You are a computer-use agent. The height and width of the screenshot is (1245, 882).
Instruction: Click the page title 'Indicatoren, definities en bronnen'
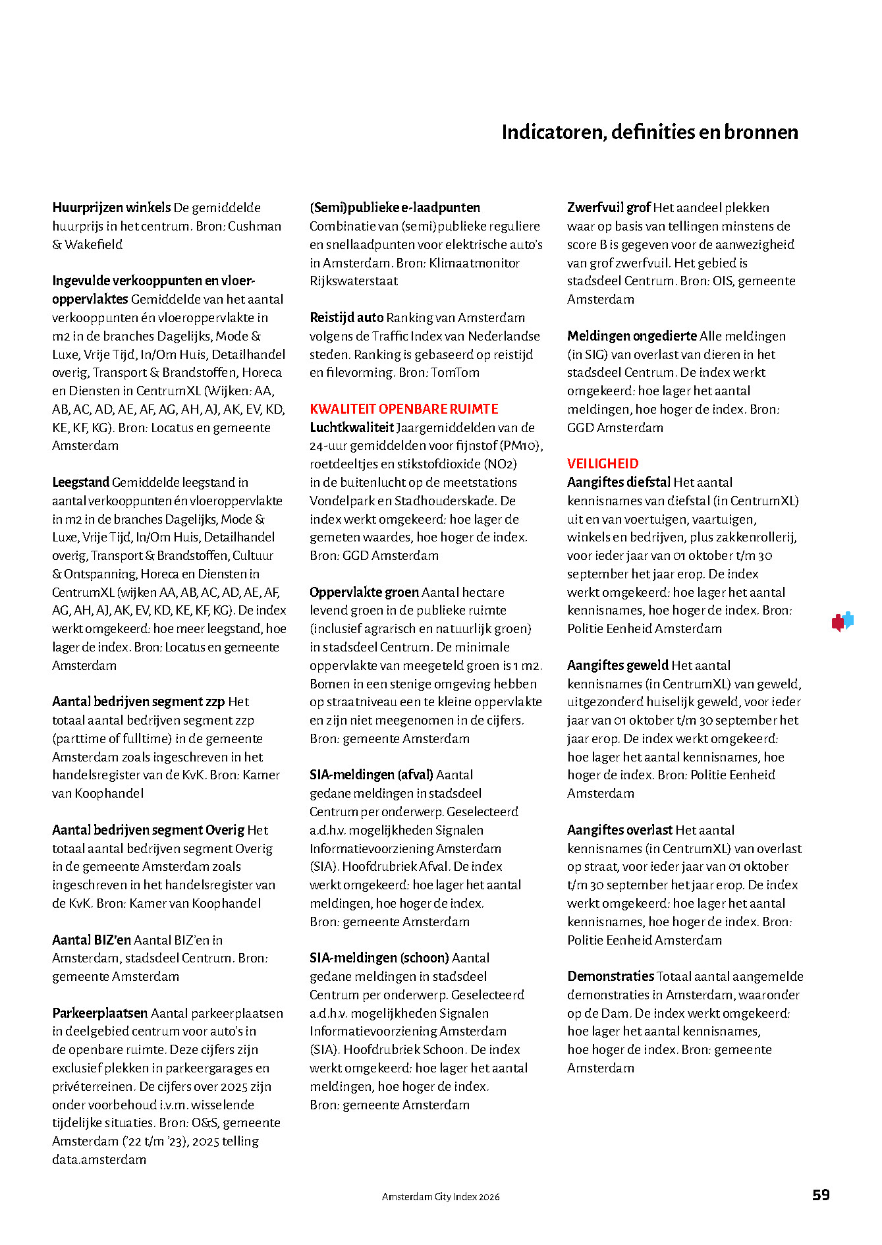[649, 132]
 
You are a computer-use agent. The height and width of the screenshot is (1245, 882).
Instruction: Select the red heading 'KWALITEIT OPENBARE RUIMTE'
[404, 409]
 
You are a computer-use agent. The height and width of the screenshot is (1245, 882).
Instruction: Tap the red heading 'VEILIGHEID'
[603, 464]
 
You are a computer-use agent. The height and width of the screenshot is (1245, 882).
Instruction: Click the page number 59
[821, 1195]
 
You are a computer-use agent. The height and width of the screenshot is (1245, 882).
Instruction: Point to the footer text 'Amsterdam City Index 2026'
[441, 1197]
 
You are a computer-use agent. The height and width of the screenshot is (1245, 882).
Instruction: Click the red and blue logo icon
[842, 621]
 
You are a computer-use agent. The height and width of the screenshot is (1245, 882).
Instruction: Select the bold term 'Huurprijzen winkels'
[111, 208]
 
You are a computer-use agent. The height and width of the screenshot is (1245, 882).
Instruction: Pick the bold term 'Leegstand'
[81, 482]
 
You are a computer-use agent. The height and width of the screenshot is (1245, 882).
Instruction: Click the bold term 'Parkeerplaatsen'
[101, 1013]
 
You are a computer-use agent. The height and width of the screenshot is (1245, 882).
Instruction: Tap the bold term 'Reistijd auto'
[346, 318]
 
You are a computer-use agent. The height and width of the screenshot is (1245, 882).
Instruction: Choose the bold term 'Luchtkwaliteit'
[352, 428]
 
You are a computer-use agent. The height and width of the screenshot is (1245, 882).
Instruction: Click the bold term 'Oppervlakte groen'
[364, 592]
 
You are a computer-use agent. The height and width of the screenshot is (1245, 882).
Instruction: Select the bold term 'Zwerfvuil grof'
[609, 208]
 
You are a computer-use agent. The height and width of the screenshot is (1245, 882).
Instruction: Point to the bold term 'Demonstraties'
[611, 976]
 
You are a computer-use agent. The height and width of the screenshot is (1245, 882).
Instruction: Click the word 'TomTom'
[455, 373]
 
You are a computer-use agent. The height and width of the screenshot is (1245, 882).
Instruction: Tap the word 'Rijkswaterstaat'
[354, 281]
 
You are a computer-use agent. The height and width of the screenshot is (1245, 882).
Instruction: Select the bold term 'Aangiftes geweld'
[617, 665]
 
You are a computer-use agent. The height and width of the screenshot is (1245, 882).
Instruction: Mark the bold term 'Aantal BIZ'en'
[92, 940]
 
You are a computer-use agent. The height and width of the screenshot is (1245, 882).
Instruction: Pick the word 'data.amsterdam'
[99, 1159]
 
